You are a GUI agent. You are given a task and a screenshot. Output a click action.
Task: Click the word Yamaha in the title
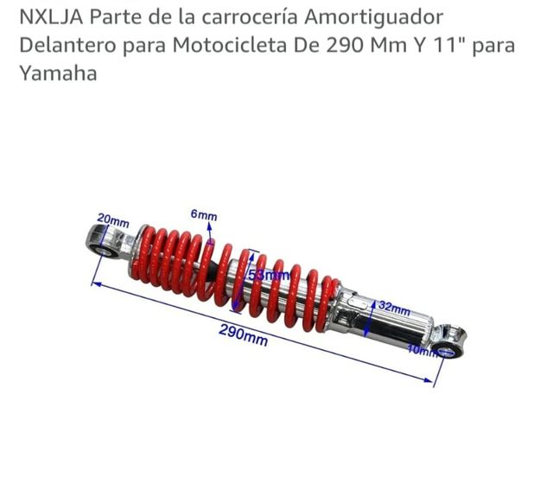[x=57, y=73]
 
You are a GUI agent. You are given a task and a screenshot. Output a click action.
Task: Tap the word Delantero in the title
[x=65, y=45]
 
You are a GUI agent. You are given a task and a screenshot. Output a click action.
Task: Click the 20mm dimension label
[x=112, y=220]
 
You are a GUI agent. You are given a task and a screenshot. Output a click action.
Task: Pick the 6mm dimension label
[x=204, y=215]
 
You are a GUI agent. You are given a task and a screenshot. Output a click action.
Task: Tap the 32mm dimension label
[x=394, y=308]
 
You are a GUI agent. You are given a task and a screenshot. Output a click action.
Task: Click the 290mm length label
[x=243, y=334]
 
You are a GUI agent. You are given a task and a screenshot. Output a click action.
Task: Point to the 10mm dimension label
[x=421, y=351]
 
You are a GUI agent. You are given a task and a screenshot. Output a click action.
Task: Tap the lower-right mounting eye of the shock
[x=447, y=347]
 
